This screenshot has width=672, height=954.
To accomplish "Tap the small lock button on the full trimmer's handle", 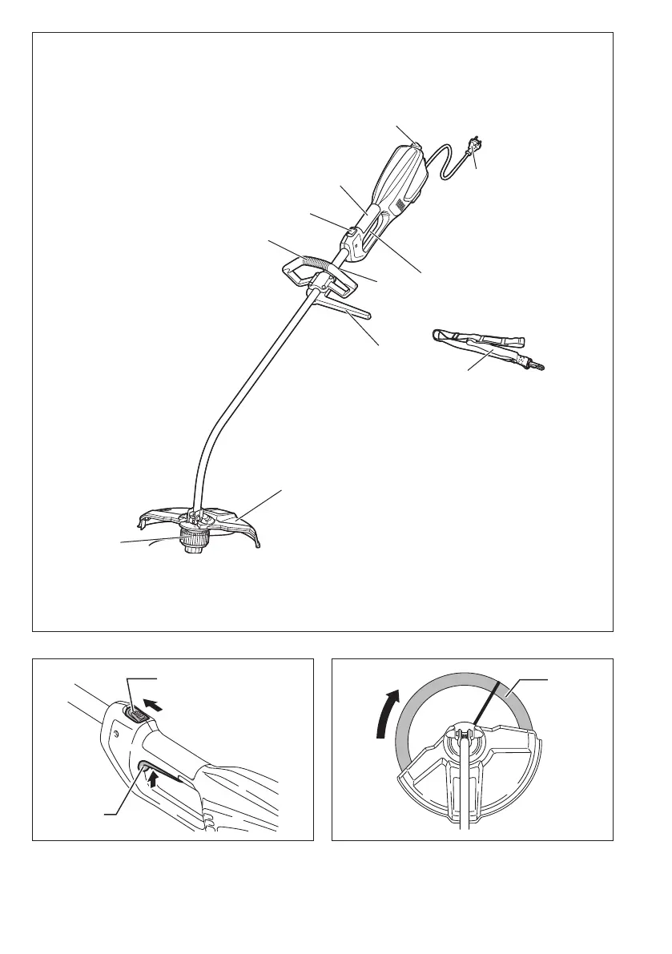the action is click(351, 234).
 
